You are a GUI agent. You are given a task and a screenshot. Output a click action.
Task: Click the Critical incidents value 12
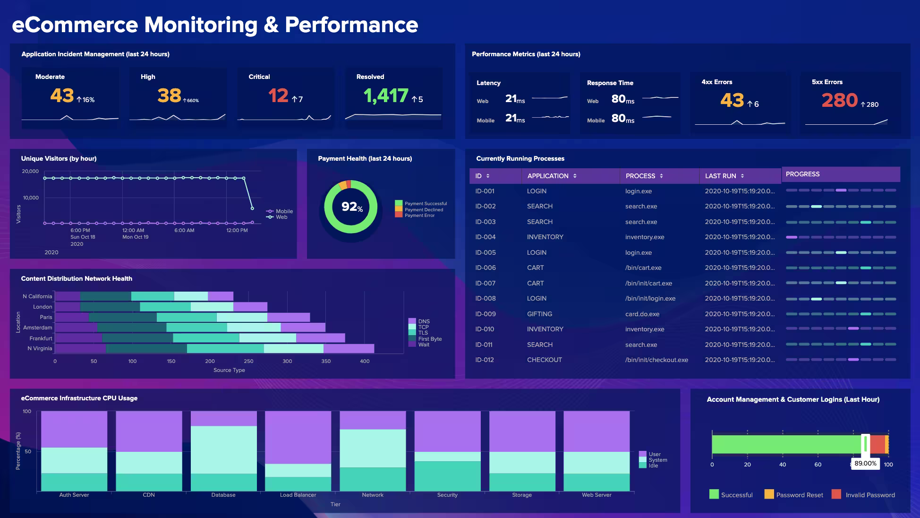tap(278, 96)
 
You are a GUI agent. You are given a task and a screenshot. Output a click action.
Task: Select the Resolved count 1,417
tap(385, 96)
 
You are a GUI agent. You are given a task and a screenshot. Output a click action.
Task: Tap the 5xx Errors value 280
tap(839, 100)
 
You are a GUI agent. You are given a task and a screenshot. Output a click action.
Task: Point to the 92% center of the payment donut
tap(351, 207)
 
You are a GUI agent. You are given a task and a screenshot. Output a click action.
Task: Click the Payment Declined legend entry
tap(423, 210)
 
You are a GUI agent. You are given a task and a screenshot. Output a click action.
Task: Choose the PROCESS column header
tap(640, 176)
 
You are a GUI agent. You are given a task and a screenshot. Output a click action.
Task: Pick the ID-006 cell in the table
tap(486, 268)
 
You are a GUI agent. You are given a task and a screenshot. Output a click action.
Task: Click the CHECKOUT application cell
tap(544, 360)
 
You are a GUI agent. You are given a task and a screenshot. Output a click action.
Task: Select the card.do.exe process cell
tap(642, 314)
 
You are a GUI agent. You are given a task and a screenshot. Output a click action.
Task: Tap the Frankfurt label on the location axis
tap(41, 338)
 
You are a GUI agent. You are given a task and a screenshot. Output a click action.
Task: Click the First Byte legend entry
tap(429, 339)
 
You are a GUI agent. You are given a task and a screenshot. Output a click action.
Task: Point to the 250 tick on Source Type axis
tap(248, 361)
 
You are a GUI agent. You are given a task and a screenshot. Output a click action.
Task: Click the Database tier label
tap(223, 495)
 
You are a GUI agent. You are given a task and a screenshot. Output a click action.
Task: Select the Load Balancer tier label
tap(298, 495)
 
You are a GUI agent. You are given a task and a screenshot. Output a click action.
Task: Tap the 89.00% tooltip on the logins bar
tap(865, 464)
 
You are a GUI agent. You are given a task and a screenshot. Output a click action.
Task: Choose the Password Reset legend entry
tap(799, 495)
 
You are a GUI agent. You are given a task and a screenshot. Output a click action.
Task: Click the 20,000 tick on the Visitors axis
tap(30, 171)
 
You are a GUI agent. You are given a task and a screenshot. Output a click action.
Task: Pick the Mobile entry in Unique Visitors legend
tap(284, 211)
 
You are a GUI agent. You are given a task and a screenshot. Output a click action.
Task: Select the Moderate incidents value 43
tap(62, 96)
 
